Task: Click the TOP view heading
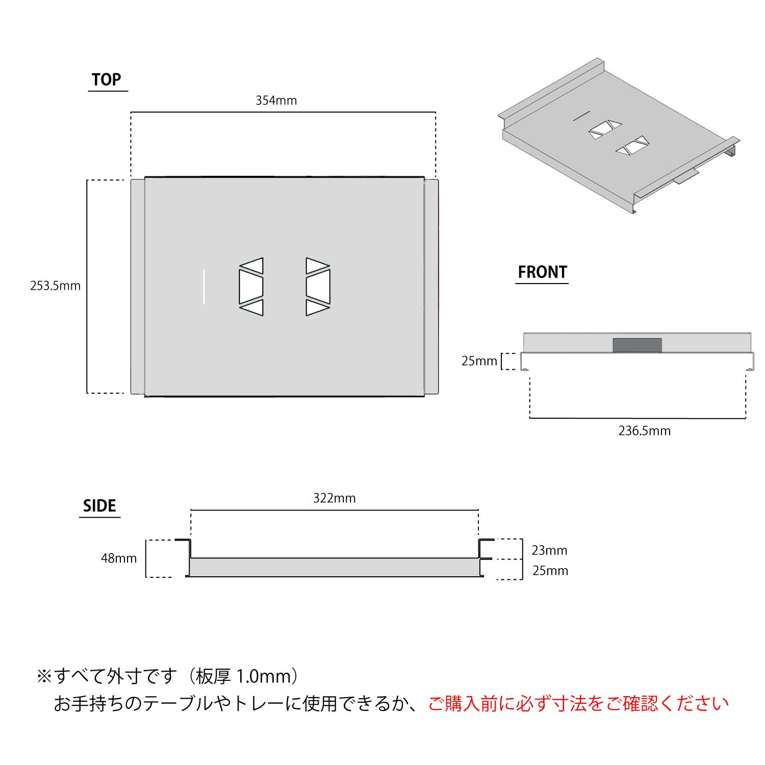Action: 107,80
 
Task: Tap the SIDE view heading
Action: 99,506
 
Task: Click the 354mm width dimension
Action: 276,100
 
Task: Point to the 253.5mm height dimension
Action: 55,286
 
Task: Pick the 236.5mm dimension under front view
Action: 645,431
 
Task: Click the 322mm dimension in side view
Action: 335,498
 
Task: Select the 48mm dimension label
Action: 119,558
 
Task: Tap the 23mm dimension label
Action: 549,550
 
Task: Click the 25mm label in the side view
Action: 550,571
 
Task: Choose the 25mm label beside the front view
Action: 479,361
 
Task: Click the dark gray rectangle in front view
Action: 637,345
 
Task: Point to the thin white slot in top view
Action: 204,286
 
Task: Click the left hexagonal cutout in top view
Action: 251,287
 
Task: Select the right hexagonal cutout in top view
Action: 318,287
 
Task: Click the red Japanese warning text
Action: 578,704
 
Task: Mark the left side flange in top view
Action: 138,287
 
